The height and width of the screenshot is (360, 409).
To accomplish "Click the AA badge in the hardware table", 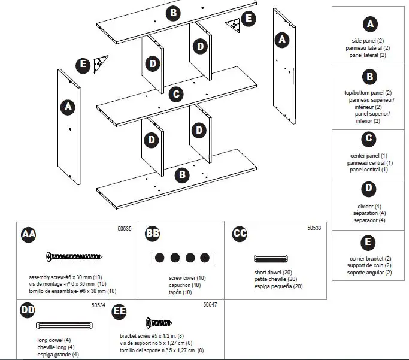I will pyautogui.click(x=28, y=234).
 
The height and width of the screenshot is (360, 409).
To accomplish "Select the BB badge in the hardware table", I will pyautogui.click(x=153, y=234).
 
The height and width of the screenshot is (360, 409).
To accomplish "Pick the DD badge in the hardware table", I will pyautogui.click(x=27, y=310).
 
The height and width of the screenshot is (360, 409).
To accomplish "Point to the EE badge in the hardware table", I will pyautogui.click(x=120, y=310).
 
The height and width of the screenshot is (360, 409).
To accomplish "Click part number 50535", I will pyautogui.click(x=124, y=228).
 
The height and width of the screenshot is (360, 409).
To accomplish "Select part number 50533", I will pyautogui.click(x=314, y=228).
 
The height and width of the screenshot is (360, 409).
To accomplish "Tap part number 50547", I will pyautogui.click(x=210, y=305).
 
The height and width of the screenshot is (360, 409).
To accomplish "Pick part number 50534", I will pyautogui.click(x=99, y=305).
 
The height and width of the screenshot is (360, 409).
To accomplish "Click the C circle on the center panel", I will pyautogui.click(x=175, y=94).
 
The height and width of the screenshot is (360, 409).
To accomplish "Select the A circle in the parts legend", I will pyautogui.click(x=370, y=24).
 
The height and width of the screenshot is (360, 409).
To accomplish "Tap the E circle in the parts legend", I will pyautogui.click(x=369, y=243).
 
